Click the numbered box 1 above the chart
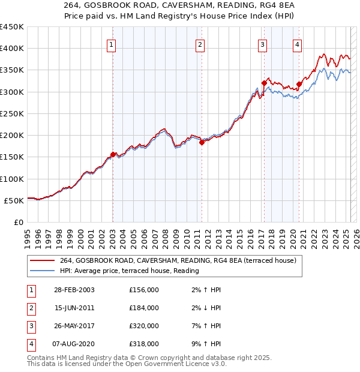tap(112, 44)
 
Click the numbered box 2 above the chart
tap(200, 44)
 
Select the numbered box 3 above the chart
tap(263, 44)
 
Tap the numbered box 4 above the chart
tap(297, 44)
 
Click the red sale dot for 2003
tap(113, 154)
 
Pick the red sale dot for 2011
tap(202, 142)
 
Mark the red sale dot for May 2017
tap(264, 83)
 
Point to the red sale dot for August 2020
tap(299, 84)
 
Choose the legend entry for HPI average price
tap(129, 271)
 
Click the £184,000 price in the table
tap(144, 308)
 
